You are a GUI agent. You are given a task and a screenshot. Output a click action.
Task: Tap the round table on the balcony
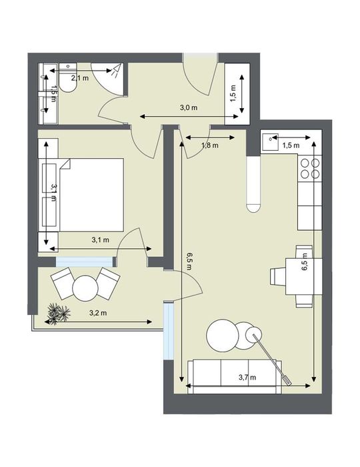pyautogui.click(x=85, y=288)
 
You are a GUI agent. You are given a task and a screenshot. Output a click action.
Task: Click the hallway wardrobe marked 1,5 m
pyautogui.click(x=237, y=93)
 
